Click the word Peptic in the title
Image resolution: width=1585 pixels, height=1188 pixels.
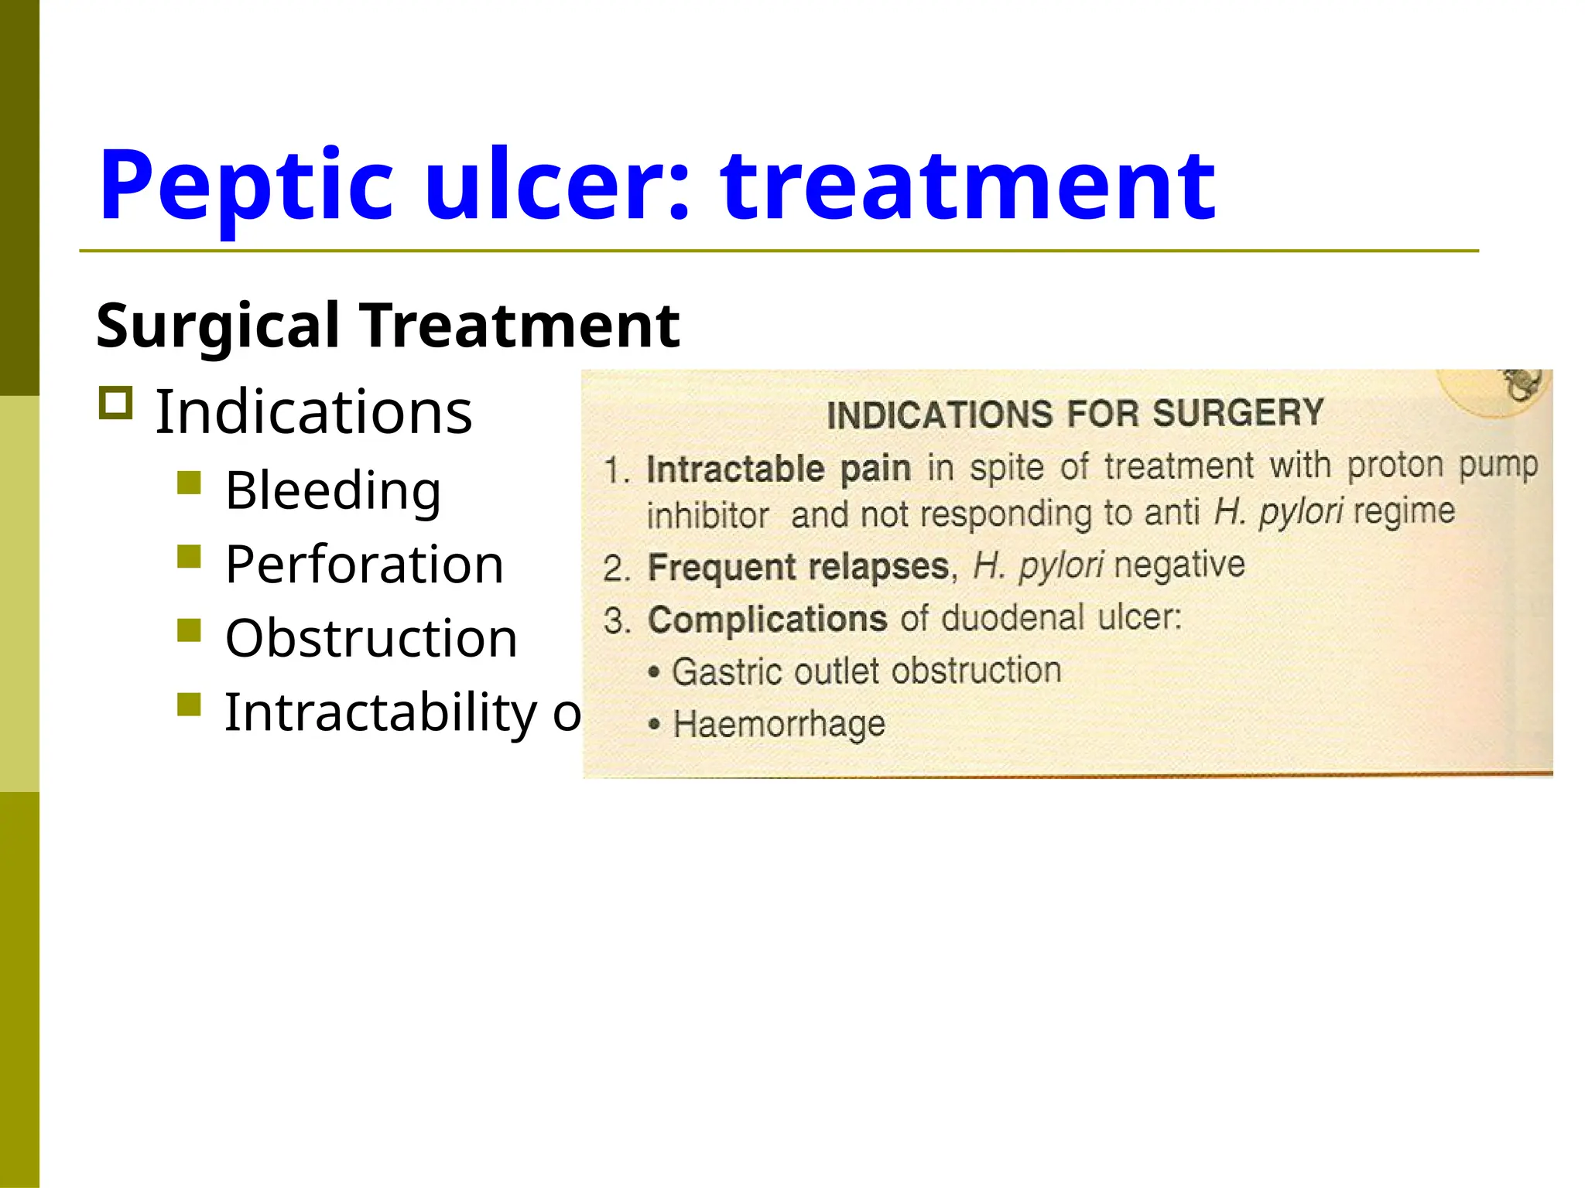246,186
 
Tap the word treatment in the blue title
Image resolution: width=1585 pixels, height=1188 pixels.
967,186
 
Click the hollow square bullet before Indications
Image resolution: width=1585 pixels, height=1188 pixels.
116,403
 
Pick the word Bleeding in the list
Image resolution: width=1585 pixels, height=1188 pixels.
333,490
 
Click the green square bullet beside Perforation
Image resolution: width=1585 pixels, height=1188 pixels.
189,557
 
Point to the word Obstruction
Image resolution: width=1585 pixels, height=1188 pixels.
371,638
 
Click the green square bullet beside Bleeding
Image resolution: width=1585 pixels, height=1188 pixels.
189,483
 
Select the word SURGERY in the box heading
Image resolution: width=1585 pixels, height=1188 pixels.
1238,413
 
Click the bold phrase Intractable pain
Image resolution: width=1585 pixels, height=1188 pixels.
778,469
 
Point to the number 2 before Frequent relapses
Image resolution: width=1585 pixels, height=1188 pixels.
615,569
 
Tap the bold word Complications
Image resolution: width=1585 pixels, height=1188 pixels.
767,620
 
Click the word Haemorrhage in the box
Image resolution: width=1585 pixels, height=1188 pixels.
779,724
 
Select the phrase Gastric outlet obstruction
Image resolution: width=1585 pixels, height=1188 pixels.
866,671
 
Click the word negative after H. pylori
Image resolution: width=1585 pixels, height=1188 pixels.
1179,565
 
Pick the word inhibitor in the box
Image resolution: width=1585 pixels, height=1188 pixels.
707,516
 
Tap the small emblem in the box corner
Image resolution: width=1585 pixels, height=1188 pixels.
1521,385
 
